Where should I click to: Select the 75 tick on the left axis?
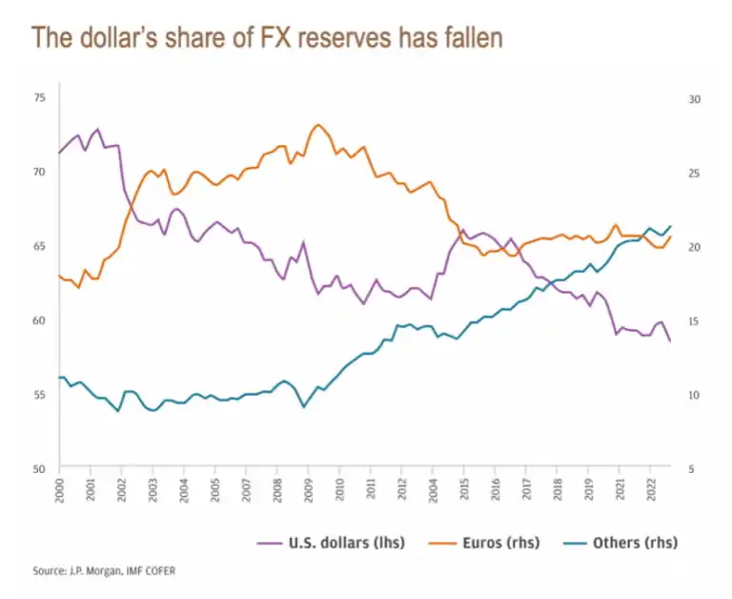(x=39, y=98)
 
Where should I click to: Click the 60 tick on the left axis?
(x=39, y=320)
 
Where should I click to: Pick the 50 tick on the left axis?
(x=39, y=468)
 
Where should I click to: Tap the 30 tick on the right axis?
(x=694, y=98)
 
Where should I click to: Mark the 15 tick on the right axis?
(x=694, y=320)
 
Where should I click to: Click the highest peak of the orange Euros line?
(x=318, y=124)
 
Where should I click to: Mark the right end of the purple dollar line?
(x=670, y=341)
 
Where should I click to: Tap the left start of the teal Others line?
(x=60, y=378)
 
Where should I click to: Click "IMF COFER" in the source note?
(x=149, y=570)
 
